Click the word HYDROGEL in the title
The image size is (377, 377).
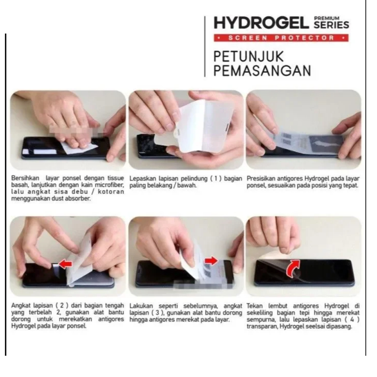click(261, 23)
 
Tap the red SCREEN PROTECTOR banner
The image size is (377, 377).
click(281, 38)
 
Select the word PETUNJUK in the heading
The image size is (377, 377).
click(249, 56)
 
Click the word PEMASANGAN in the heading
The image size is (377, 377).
click(263, 70)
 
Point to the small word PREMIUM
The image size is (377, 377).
click(327, 18)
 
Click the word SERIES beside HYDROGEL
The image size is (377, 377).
click(331, 25)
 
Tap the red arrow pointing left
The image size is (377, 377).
click(65, 264)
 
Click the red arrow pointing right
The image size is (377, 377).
click(211, 260)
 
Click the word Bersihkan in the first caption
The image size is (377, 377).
click(25, 178)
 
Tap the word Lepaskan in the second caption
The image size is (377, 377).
click(143, 179)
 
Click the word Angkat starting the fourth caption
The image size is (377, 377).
click(21, 306)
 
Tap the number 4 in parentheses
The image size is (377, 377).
click(352, 320)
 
